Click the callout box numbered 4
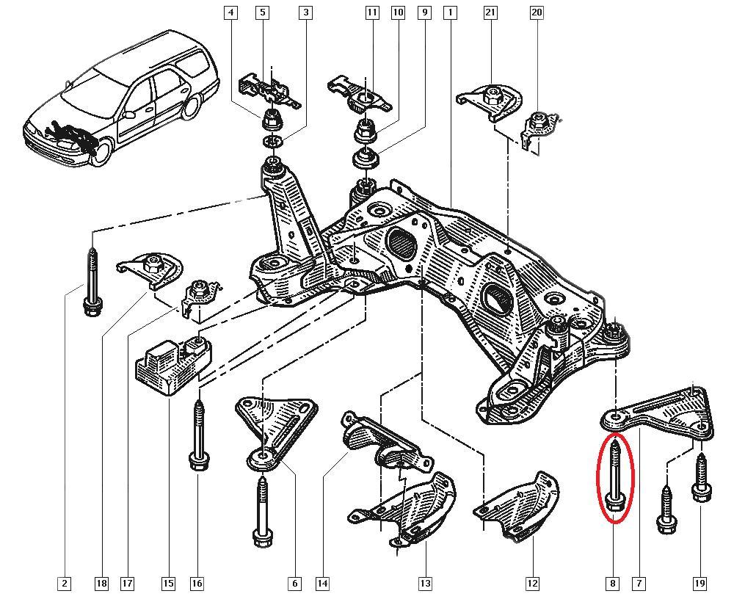(x=232, y=13)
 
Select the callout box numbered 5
(x=262, y=13)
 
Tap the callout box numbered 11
(x=372, y=13)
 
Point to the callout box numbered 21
(x=491, y=13)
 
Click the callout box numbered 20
(x=537, y=13)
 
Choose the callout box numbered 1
(x=449, y=13)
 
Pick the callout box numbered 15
(x=168, y=584)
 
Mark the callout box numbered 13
(x=425, y=584)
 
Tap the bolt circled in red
(x=616, y=476)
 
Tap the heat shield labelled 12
(x=521, y=503)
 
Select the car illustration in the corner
(x=121, y=95)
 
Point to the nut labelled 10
(x=365, y=132)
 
